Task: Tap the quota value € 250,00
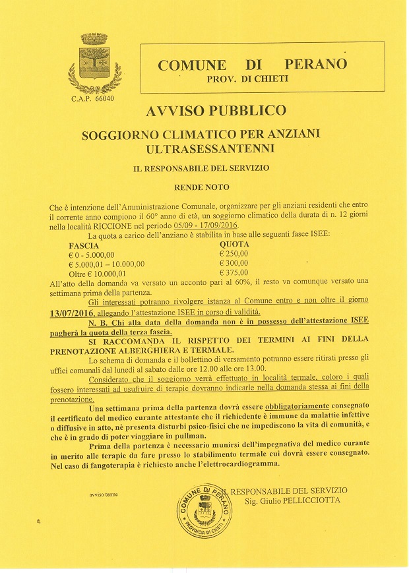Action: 234,253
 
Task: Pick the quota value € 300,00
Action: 234,262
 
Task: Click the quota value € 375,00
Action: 234,272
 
